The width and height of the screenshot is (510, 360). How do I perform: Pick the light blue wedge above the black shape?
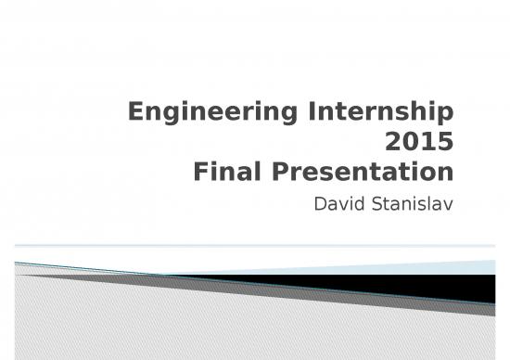point(445,268)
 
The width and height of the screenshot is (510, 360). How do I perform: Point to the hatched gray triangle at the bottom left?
point(111,320)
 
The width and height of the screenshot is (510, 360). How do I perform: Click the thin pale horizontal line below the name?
point(255,245)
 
